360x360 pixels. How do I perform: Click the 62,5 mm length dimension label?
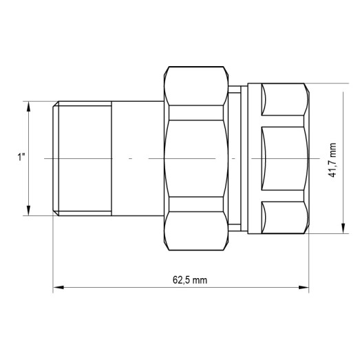[x=190, y=280]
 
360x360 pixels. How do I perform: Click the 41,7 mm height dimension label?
[x=332, y=160]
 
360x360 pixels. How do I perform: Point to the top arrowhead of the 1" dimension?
[x=29, y=105]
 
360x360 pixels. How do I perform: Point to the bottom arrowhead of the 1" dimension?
[x=29, y=211]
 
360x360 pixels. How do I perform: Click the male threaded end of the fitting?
[x=83, y=158]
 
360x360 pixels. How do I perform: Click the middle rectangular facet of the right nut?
[x=282, y=158]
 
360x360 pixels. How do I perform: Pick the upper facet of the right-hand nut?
[x=282, y=104]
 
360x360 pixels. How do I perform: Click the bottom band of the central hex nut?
[x=197, y=204]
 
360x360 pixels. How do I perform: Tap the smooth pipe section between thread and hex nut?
[x=138, y=158]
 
